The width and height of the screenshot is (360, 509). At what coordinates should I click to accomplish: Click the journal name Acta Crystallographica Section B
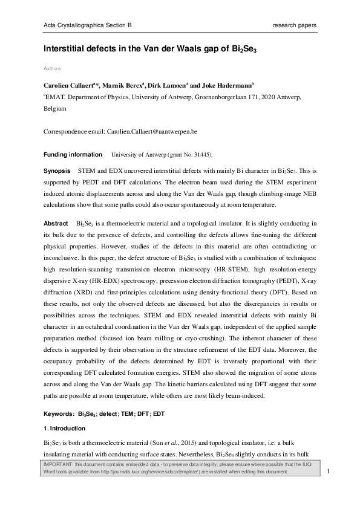(x=87, y=25)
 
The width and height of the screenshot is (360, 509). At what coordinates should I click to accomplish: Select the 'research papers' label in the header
(x=295, y=25)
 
